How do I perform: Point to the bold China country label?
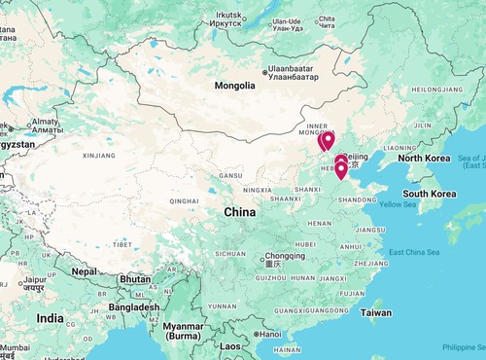pyautogui.click(x=239, y=211)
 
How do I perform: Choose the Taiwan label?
pyautogui.click(x=376, y=313)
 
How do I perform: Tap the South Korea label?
pyautogui.click(x=430, y=194)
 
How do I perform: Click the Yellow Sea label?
pyautogui.click(x=398, y=204)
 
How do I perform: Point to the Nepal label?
pyautogui.click(x=84, y=271)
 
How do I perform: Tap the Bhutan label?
pyautogui.click(x=134, y=279)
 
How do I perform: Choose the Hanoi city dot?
pyautogui.click(x=255, y=334)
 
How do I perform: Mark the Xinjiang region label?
pyautogui.click(x=99, y=155)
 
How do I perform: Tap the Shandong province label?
pyautogui.click(x=355, y=200)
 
